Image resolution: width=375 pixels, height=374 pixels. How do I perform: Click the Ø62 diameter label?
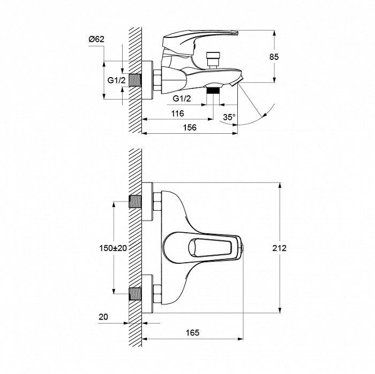pos(96,39)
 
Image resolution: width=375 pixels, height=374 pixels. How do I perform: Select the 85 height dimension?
pos(274,57)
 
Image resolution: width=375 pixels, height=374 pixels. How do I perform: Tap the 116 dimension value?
pos(177,113)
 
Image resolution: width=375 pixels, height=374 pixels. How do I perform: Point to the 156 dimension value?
pos(190,127)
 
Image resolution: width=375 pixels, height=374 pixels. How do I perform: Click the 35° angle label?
pos(229,117)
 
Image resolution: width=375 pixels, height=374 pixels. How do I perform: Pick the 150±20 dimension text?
pos(113,248)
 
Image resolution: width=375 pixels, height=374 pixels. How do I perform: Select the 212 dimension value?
pos(279,248)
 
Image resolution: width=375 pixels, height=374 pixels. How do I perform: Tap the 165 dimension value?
pos(192,332)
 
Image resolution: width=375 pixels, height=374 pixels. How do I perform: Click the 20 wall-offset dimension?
pos(103,317)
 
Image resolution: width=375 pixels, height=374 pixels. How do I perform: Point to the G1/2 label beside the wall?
pos(116,80)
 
